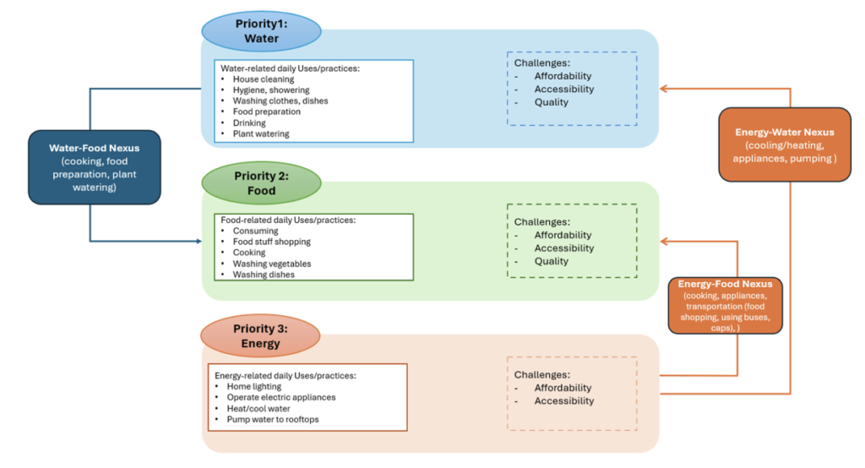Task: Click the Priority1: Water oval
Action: tap(261, 31)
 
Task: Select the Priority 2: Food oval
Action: tap(261, 183)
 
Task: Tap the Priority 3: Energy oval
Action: tap(260, 336)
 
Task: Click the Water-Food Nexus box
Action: tap(95, 166)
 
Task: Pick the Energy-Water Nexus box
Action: tap(785, 144)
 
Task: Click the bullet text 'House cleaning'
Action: tap(264, 79)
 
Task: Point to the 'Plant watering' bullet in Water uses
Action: tap(261, 133)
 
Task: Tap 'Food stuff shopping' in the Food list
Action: tap(271, 242)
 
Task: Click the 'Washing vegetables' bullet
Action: tap(271, 264)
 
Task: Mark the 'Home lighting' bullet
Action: tap(253, 387)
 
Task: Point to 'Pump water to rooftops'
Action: tap(273, 419)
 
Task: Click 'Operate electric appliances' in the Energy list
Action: tap(280, 397)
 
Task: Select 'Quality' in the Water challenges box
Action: tap(551, 102)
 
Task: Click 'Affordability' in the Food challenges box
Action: tap(563, 235)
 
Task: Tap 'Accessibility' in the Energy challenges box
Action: tap(563, 401)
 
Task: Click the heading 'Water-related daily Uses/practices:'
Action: tap(290, 68)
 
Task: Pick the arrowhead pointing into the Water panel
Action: tap(664, 88)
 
